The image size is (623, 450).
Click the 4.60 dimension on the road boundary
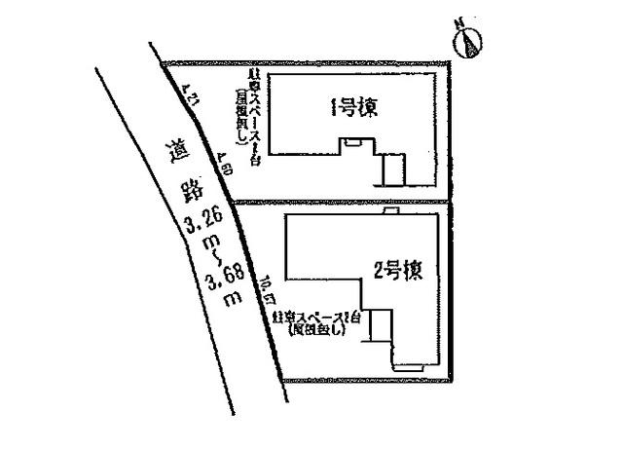coord(225,165)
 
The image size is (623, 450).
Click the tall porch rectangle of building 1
coord(392,169)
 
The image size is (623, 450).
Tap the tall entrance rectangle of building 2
coord(380,325)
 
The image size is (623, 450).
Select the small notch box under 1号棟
coord(350,144)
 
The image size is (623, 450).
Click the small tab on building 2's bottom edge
coord(407,366)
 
